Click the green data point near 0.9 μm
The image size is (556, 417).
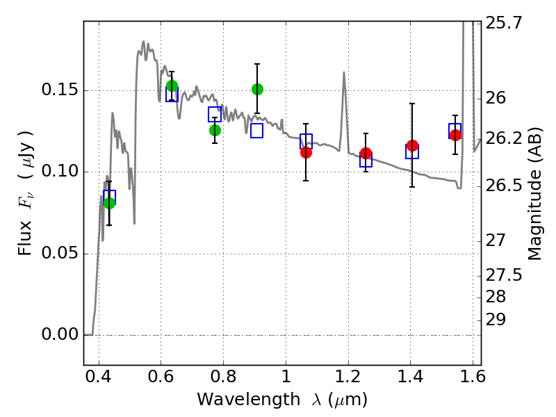pyautogui.click(x=257, y=89)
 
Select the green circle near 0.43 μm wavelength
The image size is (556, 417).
pyautogui.click(x=109, y=203)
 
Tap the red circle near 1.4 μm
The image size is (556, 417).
pyautogui.click(x=412, y=145)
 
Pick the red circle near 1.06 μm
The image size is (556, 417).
pyautogui.click(x=306, y=152)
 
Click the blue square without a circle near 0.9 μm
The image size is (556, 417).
pyautogui.click(x=256, y=131)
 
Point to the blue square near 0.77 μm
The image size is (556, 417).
pyautogui.click(x=215, y=114)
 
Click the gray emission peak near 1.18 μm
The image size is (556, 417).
pyautogui.click(x=343, y=73)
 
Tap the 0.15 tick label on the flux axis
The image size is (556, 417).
pyautogui.click(x=60, y=90)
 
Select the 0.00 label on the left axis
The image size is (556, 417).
pyautogui.click(x=60, y=334)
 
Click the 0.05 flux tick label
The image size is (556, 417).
pyautogui.click(x=60, y=253)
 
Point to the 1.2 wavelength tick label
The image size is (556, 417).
pyautogui.click(x=348, y=377)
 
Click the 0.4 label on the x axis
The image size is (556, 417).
pyautogui.click(x=99, y=377)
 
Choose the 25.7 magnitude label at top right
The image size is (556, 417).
pyautogui.click(x=503, y=23)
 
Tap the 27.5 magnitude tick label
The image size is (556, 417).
pyautogui.click(x=503, y=275)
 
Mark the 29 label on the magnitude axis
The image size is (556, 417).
pyautogui.click(x=496, y=320)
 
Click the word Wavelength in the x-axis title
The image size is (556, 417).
pyautogui.click(x=249, y=400)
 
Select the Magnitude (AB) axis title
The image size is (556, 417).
pyautogui.click(x=534, y=194)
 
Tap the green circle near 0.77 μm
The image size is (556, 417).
pyautogui.click(x=215, y=131)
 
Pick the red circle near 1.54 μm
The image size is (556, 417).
pyautogui.click(x=455, y=135)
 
